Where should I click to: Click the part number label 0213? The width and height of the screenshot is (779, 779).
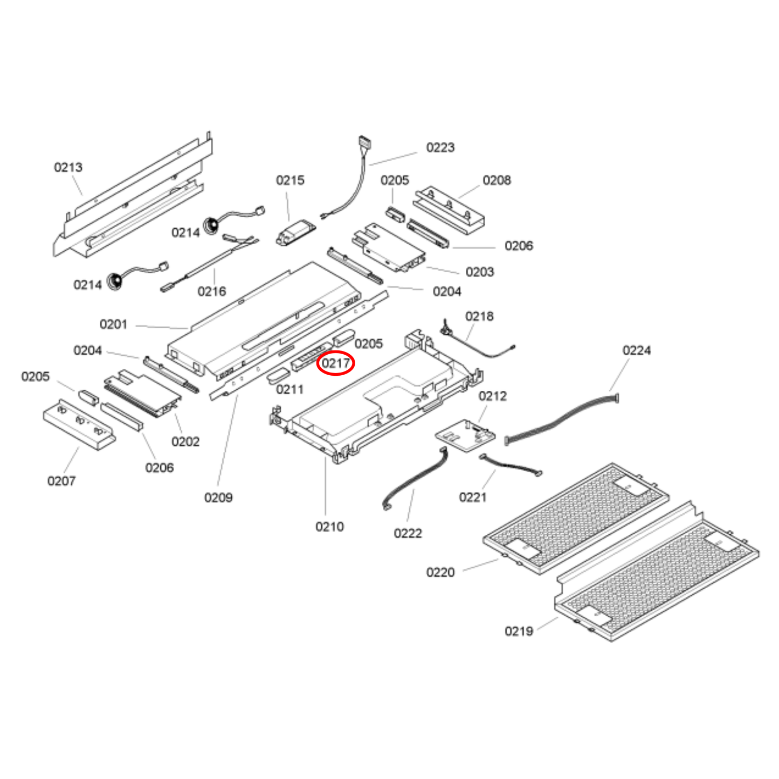point(68,167)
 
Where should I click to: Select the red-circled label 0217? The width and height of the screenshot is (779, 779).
point(335,364)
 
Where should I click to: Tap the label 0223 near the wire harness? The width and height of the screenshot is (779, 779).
point(440,148)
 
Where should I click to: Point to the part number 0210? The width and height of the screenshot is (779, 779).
point(329,527)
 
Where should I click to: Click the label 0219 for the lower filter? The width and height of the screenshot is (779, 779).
point(519,631)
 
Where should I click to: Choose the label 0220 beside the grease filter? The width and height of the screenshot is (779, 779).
point(440,572)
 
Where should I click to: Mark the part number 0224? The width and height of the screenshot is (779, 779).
point(636,350)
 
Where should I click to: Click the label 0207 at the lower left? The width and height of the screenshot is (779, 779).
point(61,481)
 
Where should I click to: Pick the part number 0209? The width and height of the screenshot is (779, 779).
point(218,498)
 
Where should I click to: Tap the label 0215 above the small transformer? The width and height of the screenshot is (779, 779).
point(290,180)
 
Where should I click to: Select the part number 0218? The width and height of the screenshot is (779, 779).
point(479,316)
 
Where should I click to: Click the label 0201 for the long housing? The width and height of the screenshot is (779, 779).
point(113,325)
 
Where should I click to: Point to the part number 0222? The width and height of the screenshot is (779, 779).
point(408,533)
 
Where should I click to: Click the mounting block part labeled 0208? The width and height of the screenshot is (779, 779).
point(449,210)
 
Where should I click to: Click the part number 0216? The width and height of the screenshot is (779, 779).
point(211,292)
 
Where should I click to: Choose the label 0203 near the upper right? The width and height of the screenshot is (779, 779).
point(479,272)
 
